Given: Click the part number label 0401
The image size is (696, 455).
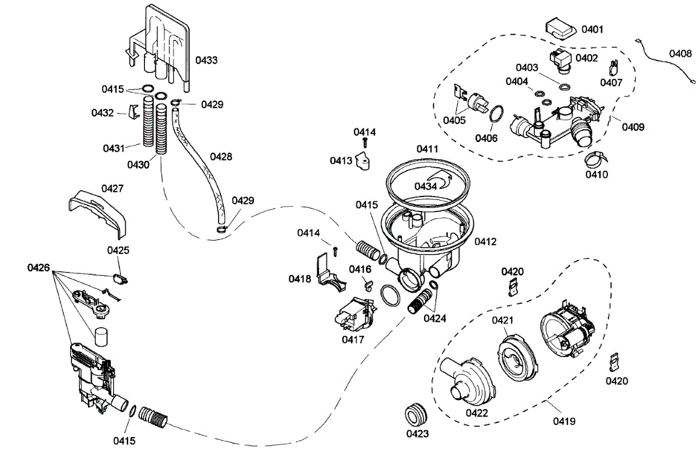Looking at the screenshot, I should click(592, 29).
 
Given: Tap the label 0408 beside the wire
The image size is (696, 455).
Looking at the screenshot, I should click(680, 53).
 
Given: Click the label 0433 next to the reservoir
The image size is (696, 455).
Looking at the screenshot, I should click(206, 60).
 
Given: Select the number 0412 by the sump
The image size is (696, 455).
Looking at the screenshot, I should click(485, 241).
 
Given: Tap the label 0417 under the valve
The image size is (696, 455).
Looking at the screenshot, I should click(353, 340).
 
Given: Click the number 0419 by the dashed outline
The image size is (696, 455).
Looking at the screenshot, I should click(564, 421).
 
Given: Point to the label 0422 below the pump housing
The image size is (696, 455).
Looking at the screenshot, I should click(476, 413).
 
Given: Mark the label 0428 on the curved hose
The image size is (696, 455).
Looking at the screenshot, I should click(221, 156).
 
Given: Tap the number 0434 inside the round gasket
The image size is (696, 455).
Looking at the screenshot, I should click(426, 186).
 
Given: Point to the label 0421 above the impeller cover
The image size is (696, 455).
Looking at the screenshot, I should click(503, 321).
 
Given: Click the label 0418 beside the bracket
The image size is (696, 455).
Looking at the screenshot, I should click(300, 279).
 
